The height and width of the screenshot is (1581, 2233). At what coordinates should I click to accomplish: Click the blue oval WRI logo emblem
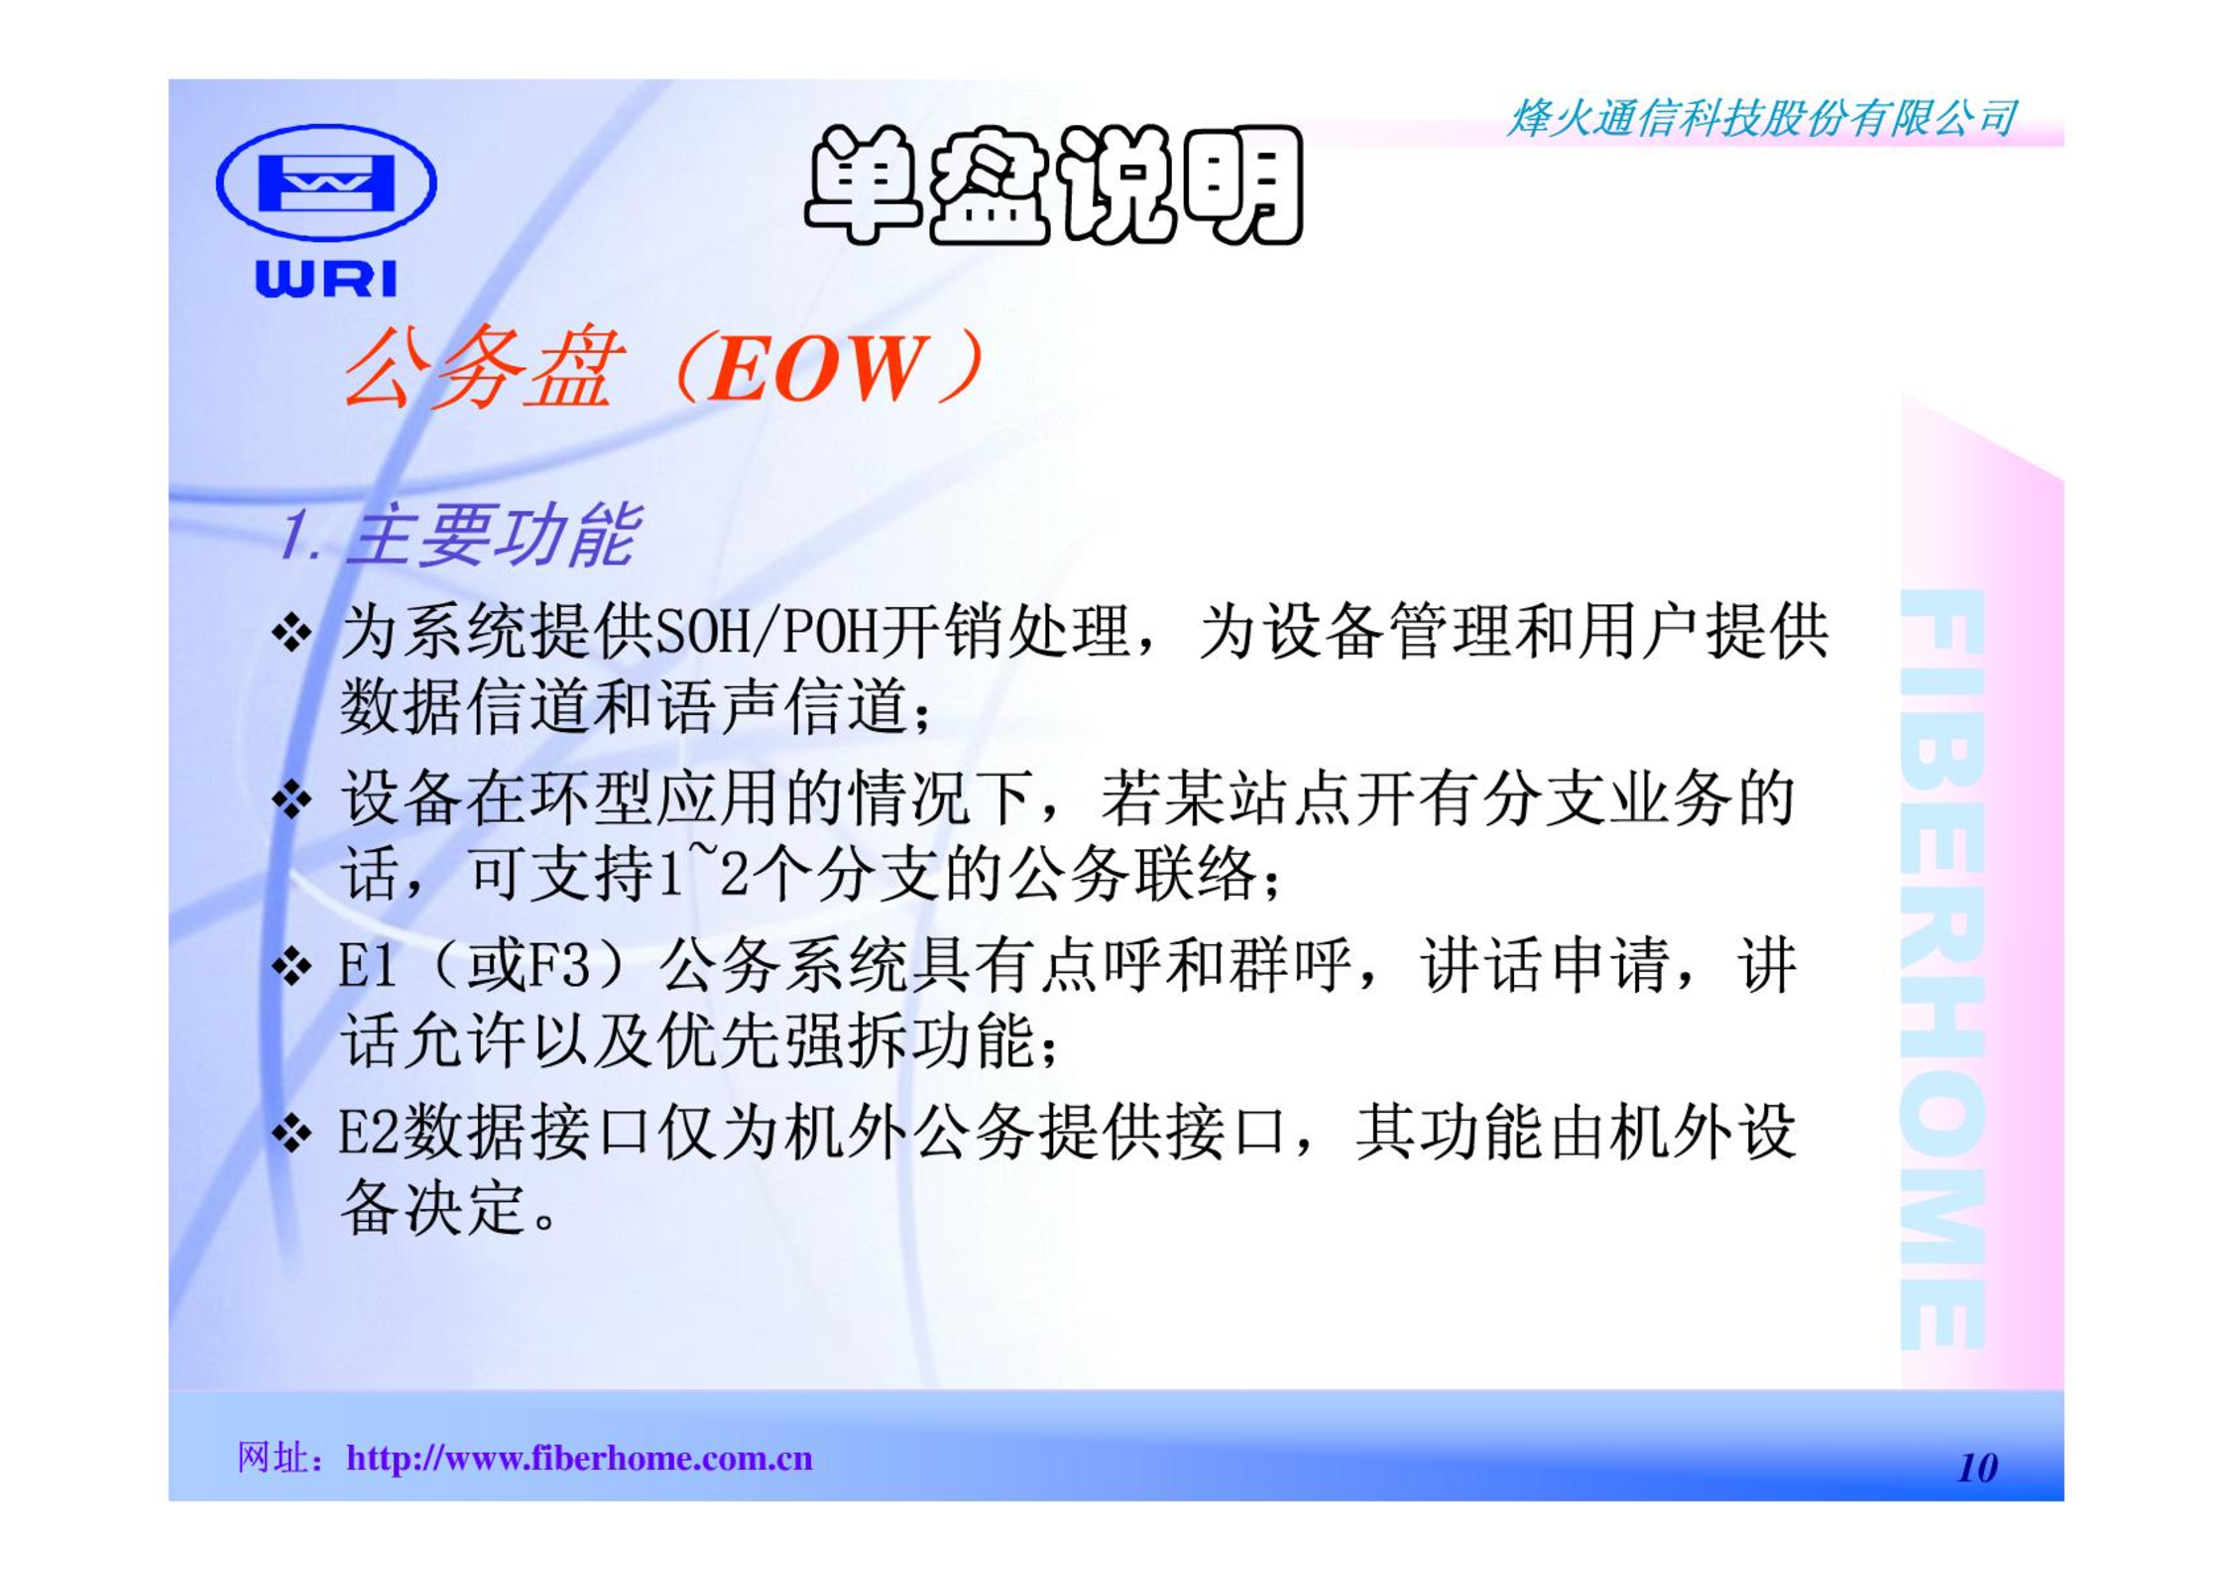pyautogui.click(x=326, y=182)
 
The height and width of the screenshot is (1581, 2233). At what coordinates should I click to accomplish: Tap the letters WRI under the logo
pyautogui.click(x=326, y=279)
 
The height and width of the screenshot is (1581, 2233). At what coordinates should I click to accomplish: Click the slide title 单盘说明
pyautogui.click(x=1054, y=184)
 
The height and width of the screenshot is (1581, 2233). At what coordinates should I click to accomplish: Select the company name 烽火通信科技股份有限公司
pyautogui.click(x=1762, y=119)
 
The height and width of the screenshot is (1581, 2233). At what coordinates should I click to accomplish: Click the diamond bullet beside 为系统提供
pyautogui.click(x=292, y=632)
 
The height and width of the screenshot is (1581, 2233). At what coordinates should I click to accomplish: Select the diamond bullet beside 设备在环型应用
pyautogui.click(x=292, y=798)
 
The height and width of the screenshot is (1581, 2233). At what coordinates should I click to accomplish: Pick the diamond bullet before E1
pyautogui.click(x=292, y=965)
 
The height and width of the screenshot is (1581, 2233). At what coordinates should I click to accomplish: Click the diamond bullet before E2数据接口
pyautogui.click(x=292, y=1133)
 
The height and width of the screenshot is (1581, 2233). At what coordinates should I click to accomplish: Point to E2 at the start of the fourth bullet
pyautogui.click(x=369, y=1132)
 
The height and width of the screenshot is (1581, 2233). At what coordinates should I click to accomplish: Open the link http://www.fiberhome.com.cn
pyautogui.click(x=579, y=1459)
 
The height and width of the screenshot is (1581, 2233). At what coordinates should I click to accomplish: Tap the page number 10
pyautogui.click(x=1977, y=1468)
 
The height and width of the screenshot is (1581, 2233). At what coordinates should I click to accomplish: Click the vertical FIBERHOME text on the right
pyautogui.click(x=1943, y=969)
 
